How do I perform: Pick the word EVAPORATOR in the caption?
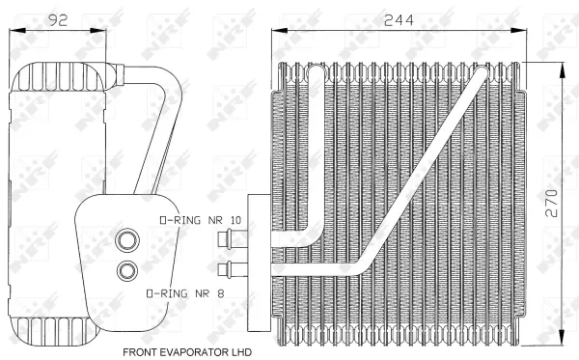[190, 352]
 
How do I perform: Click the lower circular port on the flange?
[125, 271]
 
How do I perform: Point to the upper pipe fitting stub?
[229, 239]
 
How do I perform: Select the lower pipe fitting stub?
[229, 267]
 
